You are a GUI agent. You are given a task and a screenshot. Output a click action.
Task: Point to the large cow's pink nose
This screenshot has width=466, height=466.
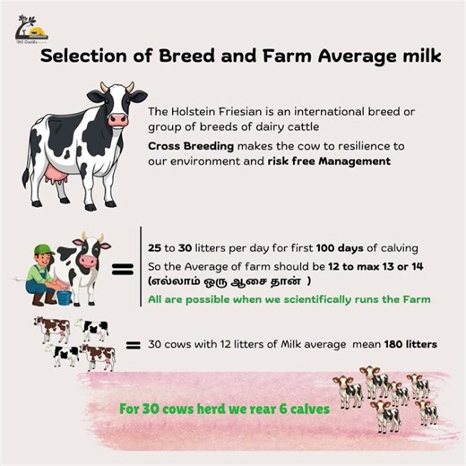coord(118,118)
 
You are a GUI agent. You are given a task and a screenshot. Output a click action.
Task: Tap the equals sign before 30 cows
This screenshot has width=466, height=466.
coord(134,343)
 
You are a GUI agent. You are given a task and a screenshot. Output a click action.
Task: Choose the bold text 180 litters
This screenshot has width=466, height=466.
coord(406,343)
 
